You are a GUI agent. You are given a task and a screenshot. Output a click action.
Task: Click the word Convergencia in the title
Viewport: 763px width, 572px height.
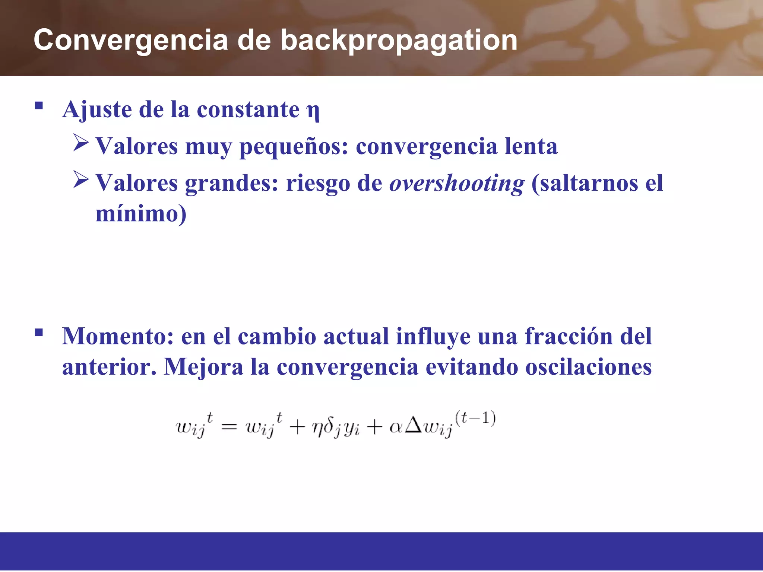click(130, 40)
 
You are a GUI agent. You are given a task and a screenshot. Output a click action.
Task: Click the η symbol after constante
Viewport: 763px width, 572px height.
click(313, 111)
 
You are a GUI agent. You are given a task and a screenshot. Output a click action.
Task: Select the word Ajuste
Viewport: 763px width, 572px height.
click(97, 110)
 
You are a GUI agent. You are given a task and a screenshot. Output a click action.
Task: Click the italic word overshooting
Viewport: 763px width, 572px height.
click(457, 184)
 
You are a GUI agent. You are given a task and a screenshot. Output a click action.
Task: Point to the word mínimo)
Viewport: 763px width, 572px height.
click(141, 214)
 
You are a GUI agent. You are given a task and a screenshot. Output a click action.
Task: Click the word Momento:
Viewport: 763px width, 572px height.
click(118, 336)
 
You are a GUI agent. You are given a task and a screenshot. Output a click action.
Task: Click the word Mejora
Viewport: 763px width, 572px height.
click(204, 367)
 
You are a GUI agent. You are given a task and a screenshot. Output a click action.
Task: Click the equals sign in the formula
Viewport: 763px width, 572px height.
click(229, 427)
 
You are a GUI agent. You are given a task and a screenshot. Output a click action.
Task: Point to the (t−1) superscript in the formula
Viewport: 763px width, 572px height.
click(475, 418)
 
